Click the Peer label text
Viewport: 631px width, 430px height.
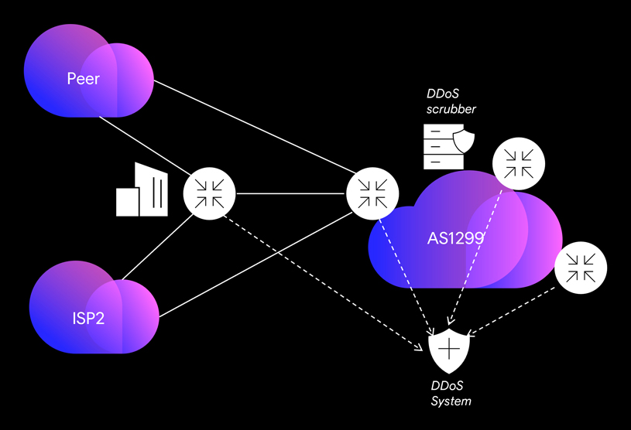click(83, 78)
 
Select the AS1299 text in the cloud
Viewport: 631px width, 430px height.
click(455, 238)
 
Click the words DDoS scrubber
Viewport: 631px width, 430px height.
click(451, 101)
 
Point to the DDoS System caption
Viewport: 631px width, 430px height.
click(451, 394)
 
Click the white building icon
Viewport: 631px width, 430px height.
click(141, 190)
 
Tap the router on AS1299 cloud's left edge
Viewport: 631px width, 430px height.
click(372, 193)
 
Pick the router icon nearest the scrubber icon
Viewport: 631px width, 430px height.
click(519, 164)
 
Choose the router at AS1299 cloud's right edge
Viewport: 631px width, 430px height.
click(581, 268)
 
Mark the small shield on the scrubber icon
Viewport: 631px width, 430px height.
click(464, 142)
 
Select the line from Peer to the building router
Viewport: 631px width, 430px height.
click(143, 144)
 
